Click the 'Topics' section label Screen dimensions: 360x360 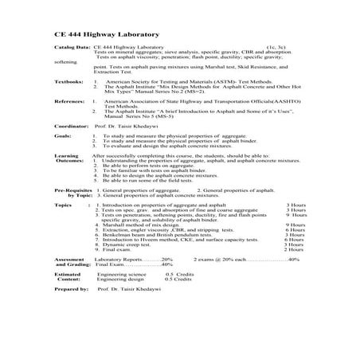pos(64,205)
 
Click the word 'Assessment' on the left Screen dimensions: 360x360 pos(70,260)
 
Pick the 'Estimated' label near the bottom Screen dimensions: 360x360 pos(68,275)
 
